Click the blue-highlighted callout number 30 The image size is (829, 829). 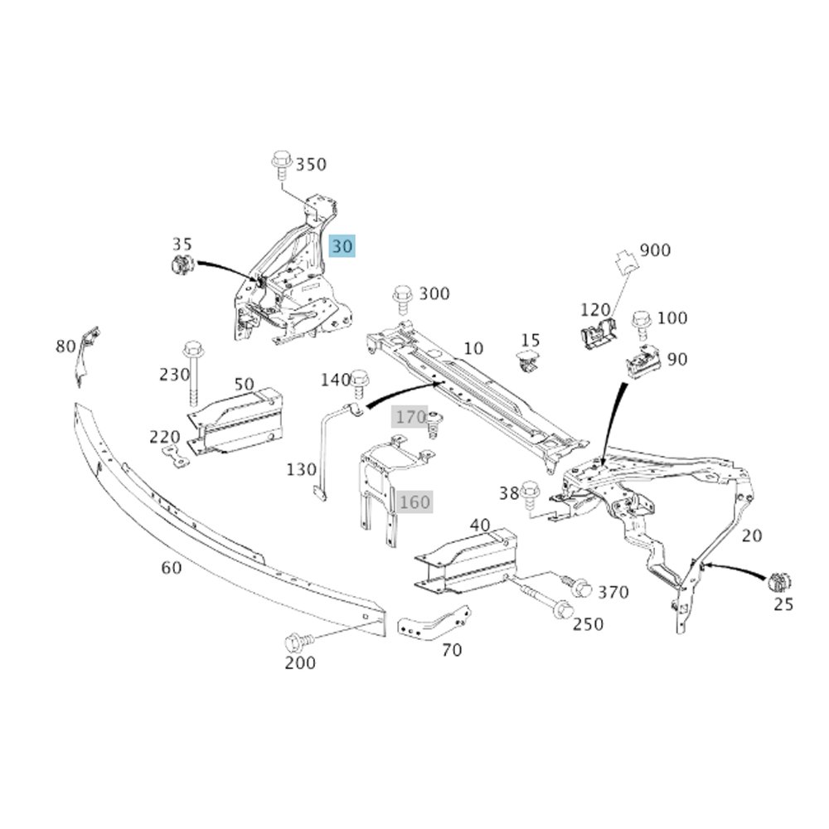tap(342, 246)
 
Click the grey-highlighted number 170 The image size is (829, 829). tap(410, 416)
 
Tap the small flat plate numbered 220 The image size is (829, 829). tap(174, 454)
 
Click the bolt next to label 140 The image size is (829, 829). tap(360, 381)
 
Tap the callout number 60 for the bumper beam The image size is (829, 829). tap(171, 567)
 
